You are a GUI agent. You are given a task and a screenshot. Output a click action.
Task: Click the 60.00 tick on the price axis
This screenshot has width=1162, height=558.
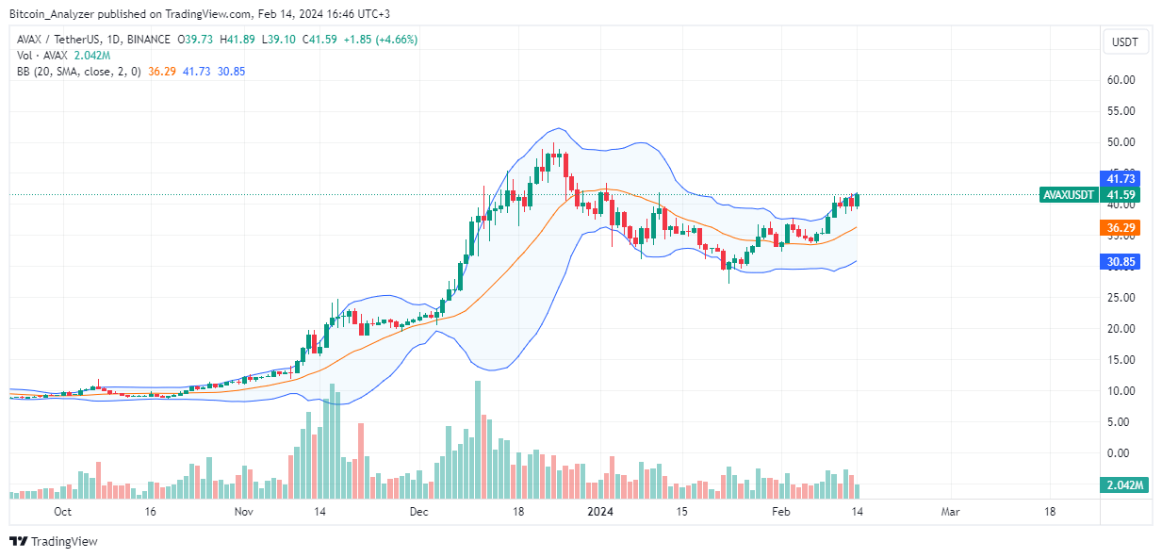(x=1120, y=80)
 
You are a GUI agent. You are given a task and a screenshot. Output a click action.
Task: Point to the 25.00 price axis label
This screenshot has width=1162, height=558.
(x=1120, y=298)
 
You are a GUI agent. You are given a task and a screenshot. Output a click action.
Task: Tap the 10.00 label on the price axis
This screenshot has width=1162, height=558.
(x=1120, y=391)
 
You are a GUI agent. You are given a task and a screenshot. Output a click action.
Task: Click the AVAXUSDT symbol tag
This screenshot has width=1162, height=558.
(x=1068, y=195)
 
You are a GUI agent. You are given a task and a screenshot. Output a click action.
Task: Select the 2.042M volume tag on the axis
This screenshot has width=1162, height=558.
(x=1121, y=485)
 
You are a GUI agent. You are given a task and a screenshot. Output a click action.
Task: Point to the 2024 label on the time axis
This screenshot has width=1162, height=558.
(x=600, y=512)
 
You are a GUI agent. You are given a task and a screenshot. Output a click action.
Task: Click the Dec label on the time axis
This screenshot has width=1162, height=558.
(x=418, y=512)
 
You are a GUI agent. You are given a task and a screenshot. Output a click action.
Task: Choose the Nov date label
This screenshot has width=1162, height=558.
(x=243, y=512)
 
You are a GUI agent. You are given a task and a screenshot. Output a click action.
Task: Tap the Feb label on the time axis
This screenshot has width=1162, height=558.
(x=779, y=512)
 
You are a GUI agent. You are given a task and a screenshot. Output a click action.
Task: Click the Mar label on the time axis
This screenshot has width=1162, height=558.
(x=950, y=512)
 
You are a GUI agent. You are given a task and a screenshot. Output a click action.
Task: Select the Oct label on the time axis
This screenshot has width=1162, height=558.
(x=62, y=512)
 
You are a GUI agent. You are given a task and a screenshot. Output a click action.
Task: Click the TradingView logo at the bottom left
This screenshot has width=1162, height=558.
(x=54, y=542)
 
